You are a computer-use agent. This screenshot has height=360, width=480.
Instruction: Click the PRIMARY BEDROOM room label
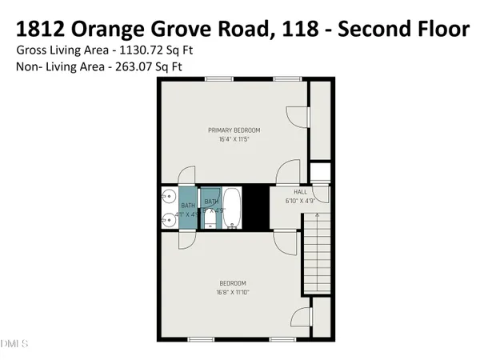click(234, 130)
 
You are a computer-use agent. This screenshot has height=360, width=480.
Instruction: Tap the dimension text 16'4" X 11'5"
click(234, 139)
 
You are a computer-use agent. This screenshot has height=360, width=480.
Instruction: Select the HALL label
click(300, 192)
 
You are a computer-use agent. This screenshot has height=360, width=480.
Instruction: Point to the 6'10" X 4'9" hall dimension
click(300, 201)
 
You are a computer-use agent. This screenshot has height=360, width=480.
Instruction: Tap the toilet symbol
click(210, 218)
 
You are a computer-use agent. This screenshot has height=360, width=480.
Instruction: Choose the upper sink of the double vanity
click(168, 196)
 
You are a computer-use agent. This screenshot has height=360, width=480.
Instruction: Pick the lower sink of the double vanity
click(168, 220)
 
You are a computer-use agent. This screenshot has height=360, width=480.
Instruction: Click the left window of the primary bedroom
click(214, 78)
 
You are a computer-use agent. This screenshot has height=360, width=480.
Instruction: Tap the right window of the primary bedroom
click(284, 78)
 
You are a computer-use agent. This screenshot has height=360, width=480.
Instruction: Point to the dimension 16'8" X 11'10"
click(233, 293)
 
